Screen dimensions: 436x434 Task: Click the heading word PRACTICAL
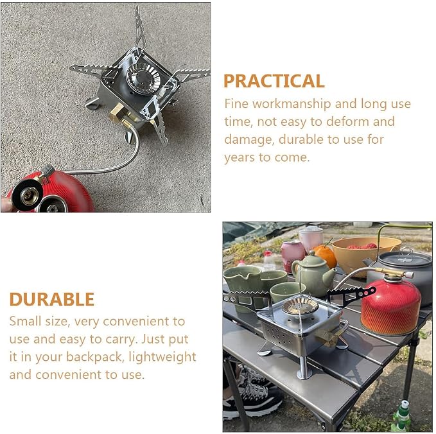[x=274, y=81]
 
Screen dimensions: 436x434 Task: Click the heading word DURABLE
[x=52, y=299]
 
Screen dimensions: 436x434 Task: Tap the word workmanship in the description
[x=292, y=104]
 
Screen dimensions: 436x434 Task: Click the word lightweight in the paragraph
[x=162, y=357]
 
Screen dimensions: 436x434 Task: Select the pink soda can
[x=292, y=256]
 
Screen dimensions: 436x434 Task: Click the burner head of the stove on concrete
[x=143, y=78]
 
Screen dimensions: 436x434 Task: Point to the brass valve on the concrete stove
[x=118, y=112]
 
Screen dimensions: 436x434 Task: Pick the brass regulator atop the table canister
[x=395, y=273]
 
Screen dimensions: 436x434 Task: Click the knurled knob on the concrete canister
[x=48, y=170]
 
